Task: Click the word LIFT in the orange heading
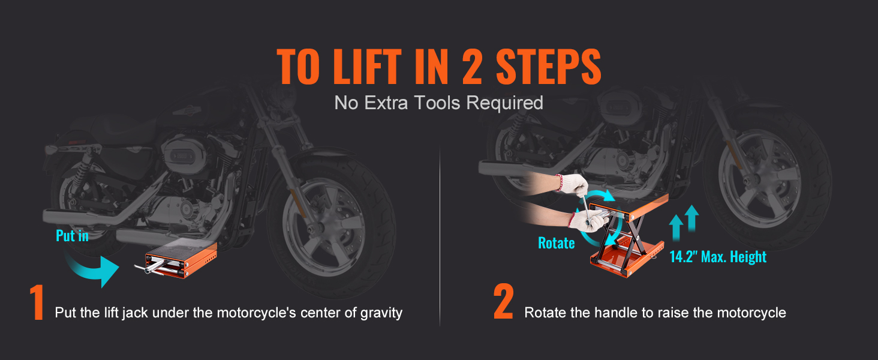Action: [x=367, y=66]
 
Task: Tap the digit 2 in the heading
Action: [x=472, y=66]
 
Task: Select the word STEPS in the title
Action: [x=548, y=66]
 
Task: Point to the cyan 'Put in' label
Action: [x=72, y=236]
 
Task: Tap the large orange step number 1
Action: [x=37, y=302]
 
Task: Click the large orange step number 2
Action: [x=503, y=301]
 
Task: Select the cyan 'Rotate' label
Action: [x=556, y=243]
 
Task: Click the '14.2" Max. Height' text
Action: [x=718, y=257]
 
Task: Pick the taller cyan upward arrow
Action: [x=692, y=218]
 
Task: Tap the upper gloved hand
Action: [x=573, y=185]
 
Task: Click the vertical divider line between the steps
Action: [x=440, y=235]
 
